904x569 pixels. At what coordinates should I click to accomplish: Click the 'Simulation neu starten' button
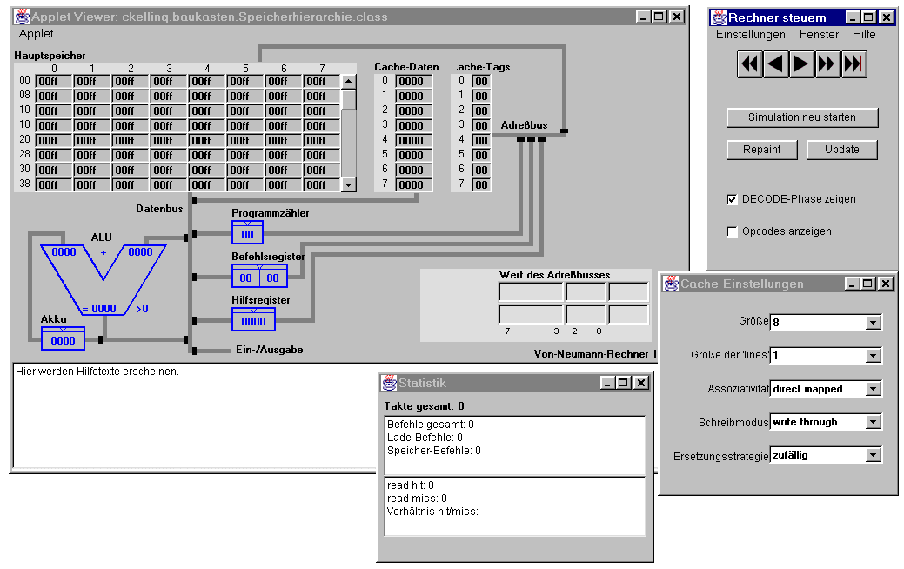tap(802, 117)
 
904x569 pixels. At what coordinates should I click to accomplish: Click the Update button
tap(841, 150)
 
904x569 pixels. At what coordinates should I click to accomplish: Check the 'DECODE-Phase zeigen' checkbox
tap(733, 199)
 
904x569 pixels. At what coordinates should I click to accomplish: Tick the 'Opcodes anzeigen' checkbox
tap(733, 231)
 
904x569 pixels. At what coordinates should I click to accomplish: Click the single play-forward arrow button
tap(800, 64)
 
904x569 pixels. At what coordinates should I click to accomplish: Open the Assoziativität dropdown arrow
tap(874, 389)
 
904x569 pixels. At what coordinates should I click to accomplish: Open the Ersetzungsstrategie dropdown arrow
tap(874, 455)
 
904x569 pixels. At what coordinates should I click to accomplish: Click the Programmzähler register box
tap(247, 234)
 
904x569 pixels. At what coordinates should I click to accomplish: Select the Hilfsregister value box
tap(254, 321)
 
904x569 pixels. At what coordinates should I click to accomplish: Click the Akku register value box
tap(63, 340)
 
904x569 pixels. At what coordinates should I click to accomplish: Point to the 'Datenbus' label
tap(159, 209)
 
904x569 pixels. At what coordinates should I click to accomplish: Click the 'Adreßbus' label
tap(524, 125)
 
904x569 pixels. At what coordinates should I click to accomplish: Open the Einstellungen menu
tap(751, 35)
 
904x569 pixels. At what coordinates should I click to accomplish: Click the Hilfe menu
tap(864, 35)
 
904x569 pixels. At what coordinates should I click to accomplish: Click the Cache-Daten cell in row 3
tap(411, 125)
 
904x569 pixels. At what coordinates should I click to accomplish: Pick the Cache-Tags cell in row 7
tap(481, 185)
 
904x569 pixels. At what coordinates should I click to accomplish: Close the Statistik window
tap(641, 383)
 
